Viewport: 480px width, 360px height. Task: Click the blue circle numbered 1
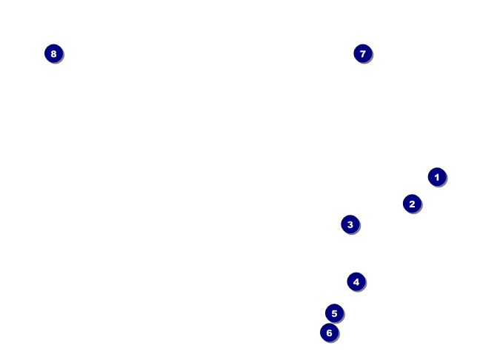[437, 177]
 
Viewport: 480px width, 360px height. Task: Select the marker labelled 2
[412, 204]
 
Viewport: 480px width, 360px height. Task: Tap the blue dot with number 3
[350, 224]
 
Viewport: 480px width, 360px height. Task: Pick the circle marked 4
[356, 281]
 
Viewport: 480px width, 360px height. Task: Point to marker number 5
[334, 313]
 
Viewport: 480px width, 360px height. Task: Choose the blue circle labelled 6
[330, 333]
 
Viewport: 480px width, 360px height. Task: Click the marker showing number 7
[362, 53]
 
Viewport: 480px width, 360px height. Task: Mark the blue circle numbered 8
[53, 53]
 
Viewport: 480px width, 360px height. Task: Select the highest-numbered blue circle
[53, 53]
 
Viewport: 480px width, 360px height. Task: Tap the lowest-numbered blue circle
[437, 177]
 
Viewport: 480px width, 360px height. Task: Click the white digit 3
[350, 224]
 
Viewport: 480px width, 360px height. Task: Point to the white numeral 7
[362, 53]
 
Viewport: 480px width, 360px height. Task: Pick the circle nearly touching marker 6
[334, 313]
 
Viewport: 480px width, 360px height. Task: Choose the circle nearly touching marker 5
[330, 333]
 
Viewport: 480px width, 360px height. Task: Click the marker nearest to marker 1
[412, 204]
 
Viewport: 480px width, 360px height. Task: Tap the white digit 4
[356, 281]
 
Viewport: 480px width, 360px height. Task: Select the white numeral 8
[53, 53]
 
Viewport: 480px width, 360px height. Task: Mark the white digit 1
[437, 177]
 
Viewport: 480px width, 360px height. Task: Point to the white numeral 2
[412, 204]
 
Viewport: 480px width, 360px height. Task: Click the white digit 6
[330, 333]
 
